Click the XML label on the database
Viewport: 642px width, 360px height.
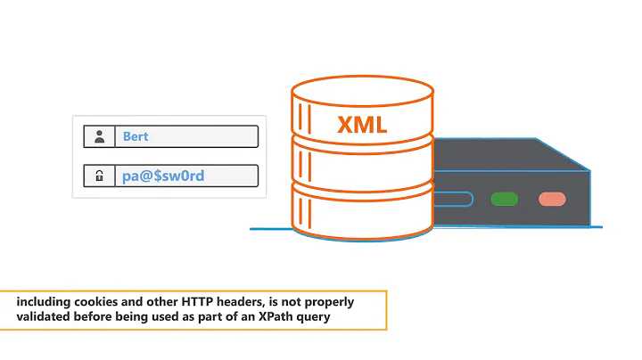(362, 124)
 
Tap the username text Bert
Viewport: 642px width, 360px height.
(136, 136)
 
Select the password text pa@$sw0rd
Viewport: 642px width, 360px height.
(163, 176)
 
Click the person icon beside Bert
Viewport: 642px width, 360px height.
(100, 136)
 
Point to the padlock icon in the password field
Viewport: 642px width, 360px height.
(100, 176)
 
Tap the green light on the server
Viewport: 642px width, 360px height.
(504, 198)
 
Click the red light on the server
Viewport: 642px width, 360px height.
(552, 198)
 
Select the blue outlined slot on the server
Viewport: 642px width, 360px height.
(452, 198)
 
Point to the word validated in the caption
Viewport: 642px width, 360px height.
(44, 315)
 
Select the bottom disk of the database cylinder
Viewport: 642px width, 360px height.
(362, 218)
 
